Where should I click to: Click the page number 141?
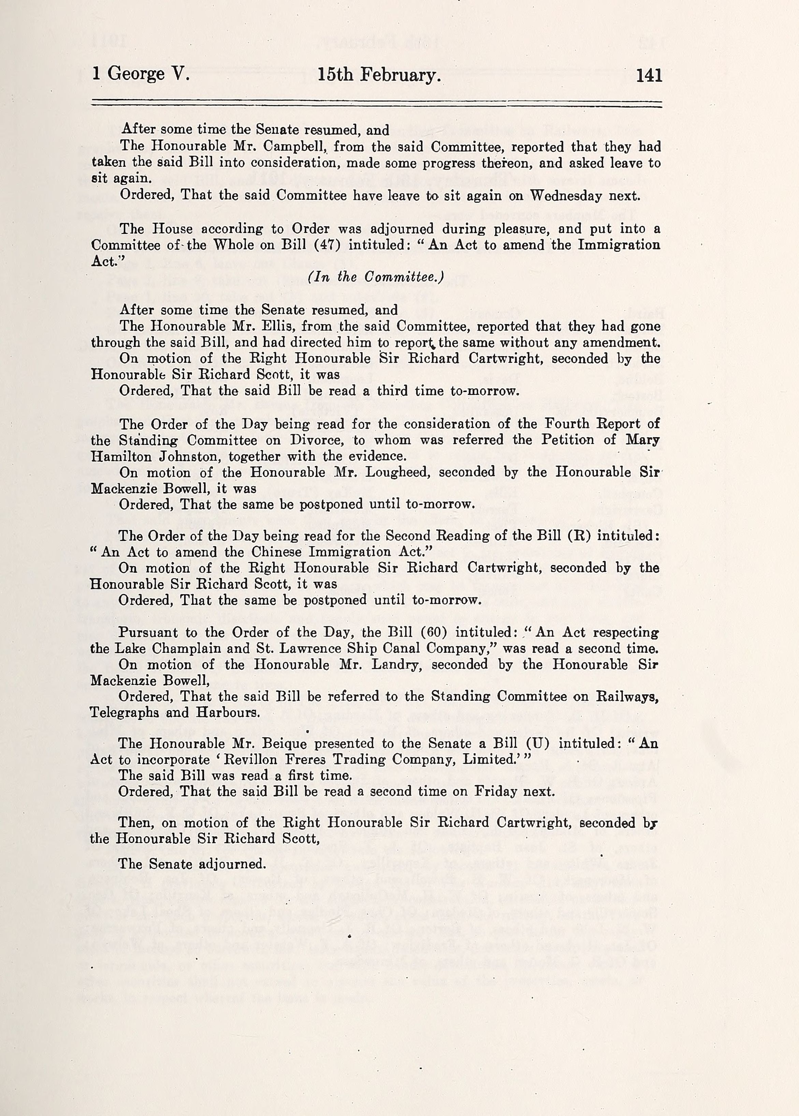(x=649, y=75)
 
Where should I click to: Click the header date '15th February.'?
(x=378, y=75)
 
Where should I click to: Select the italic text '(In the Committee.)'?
(x=376, y=277)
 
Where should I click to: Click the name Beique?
(x=282, y=744)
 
